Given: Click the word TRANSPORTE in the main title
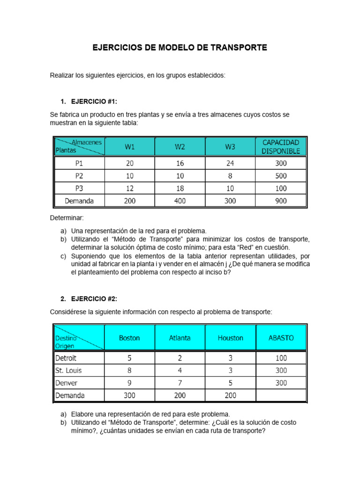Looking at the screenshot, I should pos(239,48).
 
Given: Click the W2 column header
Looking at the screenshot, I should pos(180,147).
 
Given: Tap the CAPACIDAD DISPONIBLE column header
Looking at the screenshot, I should pos(281,146).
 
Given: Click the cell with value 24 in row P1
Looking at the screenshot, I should pos(230,164).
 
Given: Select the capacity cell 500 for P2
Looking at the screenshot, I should pos(281,176).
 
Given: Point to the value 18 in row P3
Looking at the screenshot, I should pos(180,188).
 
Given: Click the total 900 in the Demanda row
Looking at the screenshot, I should pos(281,201).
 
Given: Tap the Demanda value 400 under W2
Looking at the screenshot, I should pos(180,201).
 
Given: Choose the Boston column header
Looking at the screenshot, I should pos(129,337).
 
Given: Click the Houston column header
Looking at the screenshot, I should pos(230,337).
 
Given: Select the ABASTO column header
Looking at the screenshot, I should pos(281,337).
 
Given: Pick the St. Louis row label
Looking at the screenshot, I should pos(68,370).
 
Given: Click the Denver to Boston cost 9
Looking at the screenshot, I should pos(129,382).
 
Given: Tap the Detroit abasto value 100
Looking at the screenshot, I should pos(281,358).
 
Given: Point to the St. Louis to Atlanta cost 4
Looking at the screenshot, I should pos(180,370).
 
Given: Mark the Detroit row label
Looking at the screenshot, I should pos(67,358).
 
